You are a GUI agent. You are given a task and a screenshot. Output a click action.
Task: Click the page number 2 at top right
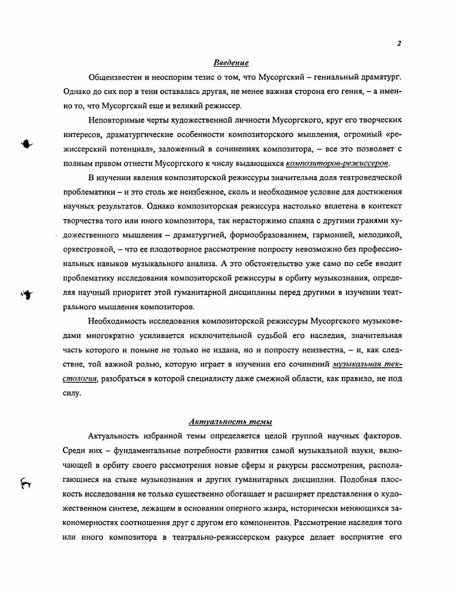click(399, 44)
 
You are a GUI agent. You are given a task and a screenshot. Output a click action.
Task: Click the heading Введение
click(231, 63)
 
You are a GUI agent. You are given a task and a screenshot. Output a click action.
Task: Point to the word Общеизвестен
click(116, 77)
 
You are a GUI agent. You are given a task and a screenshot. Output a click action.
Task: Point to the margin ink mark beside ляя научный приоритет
click(27, 295)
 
